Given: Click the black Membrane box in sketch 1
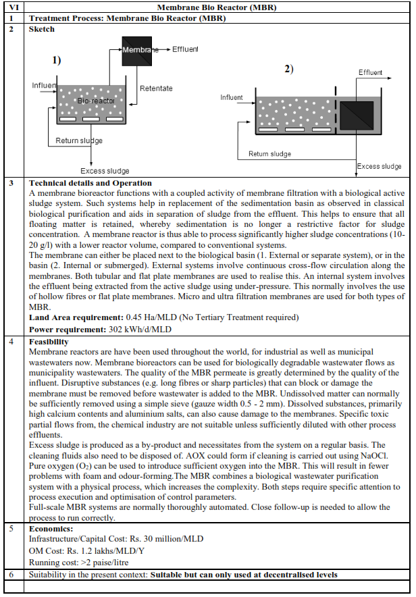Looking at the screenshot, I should (x=137, y=51).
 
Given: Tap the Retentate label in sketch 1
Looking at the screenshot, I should (x=156, y=88).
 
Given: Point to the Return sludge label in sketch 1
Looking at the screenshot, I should (x=79, y=141).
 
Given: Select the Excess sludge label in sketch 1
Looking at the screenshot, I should (x=105, y=171).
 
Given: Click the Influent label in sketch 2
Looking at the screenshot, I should (x=232, y=97).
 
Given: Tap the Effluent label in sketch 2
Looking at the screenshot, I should (x=370, y=73).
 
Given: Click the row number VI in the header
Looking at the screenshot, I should (x=11, y=7).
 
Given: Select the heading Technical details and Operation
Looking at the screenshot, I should (x=90, y=183).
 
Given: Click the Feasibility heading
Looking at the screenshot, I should (x=49, y=342).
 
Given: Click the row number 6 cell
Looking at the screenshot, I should (x=11, y=574).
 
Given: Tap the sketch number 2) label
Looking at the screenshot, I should (x=289, y=70).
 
